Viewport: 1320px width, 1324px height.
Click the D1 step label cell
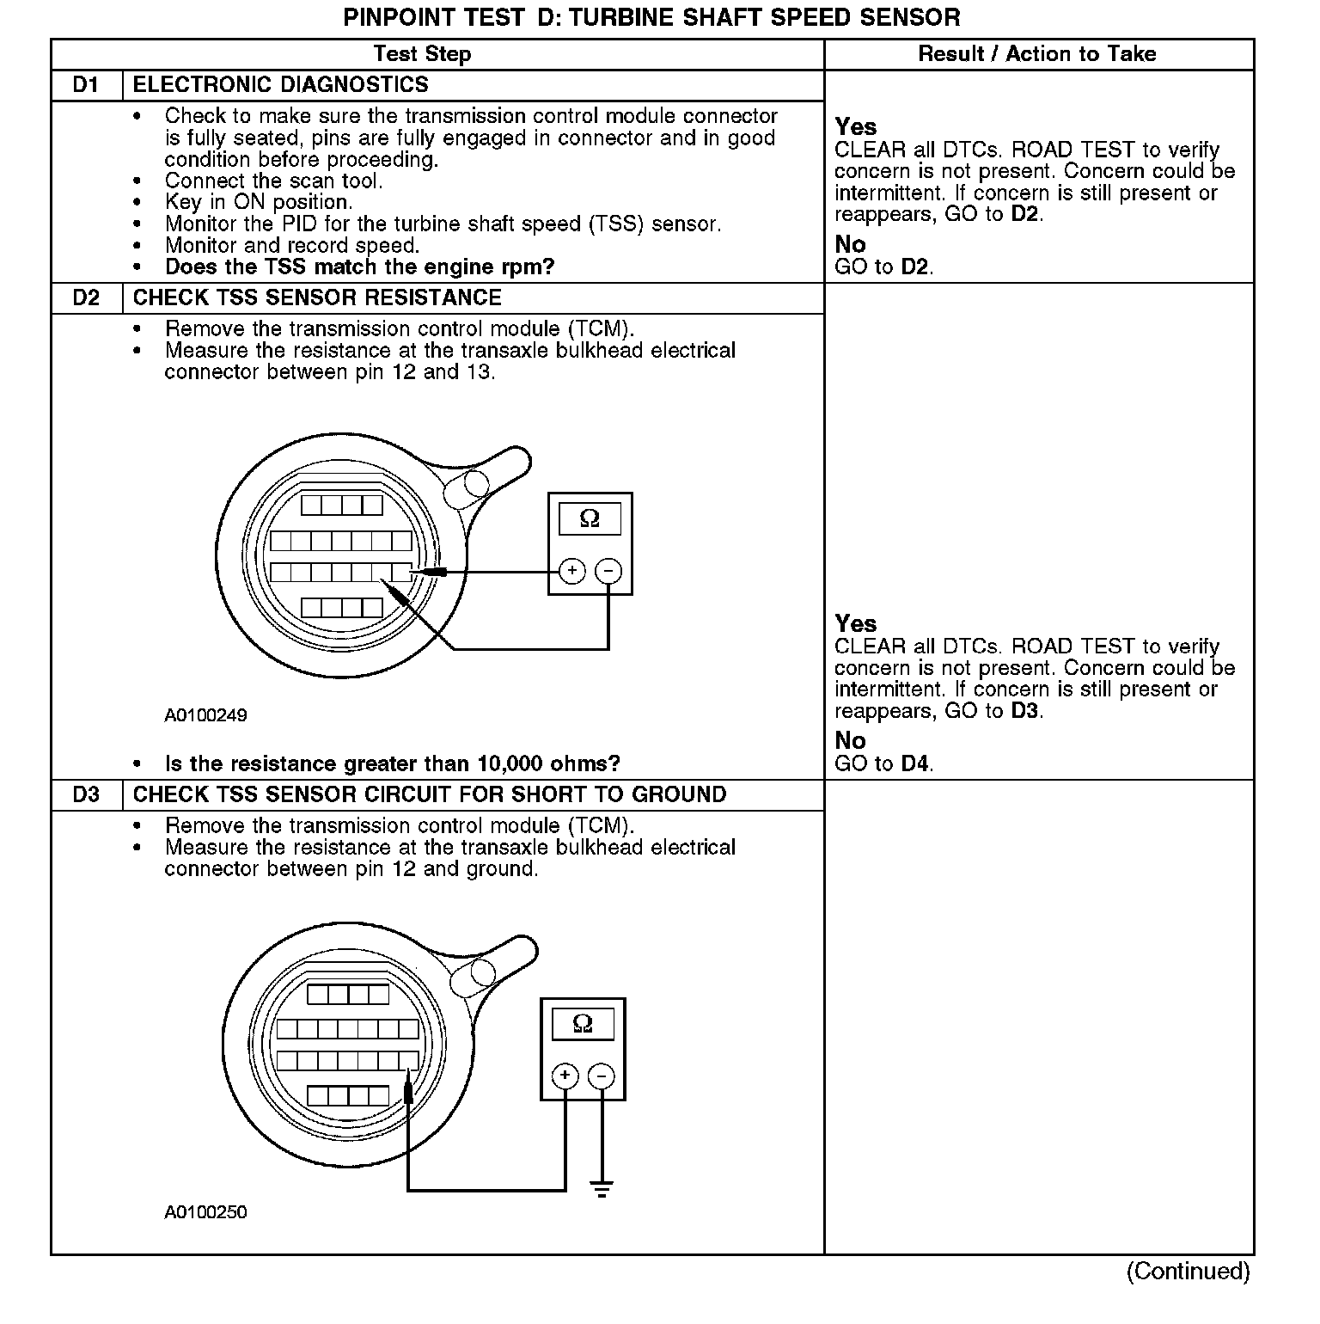point(86,85)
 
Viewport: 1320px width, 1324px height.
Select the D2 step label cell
point(86,298)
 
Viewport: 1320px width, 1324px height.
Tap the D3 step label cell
point(86,795)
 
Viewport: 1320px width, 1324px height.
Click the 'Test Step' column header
point(422,54)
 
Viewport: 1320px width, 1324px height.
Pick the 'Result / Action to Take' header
point(1037,54)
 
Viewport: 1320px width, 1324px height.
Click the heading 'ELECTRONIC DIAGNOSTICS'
point(281,85)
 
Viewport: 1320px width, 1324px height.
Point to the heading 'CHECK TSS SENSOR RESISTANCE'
point(317,298)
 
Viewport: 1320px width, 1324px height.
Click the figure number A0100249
point(206,715)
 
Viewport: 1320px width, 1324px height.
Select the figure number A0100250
point(206,1212)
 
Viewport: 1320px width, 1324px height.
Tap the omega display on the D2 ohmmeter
point(590,518)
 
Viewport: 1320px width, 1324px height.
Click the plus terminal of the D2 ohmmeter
point(572,570)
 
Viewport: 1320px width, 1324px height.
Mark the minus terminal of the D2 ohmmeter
point(608,570)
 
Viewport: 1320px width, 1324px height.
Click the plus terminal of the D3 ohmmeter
point(565,1076)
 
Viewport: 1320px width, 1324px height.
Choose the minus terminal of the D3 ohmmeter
point(602,1076)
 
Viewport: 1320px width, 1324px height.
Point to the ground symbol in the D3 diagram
point(602,1190)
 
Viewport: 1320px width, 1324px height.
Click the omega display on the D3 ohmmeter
point(583,1024)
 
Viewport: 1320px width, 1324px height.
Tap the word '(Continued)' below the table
point(1189,1271)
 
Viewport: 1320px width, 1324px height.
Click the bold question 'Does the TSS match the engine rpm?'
point(359,267)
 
